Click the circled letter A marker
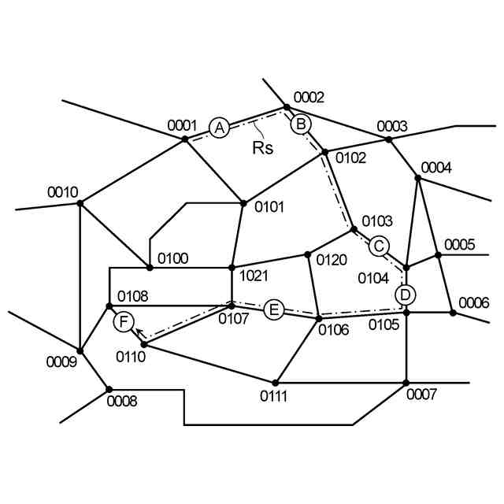tap(219, 127)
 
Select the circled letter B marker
tap(301, 124)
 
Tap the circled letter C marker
tap(379, 246)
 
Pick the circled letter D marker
tap(405, 295)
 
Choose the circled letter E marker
tap(273, 309)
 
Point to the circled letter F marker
tap(124, 321)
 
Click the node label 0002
tap(309, 98)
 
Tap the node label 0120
tap(332, 259)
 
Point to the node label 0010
tap(63, 192)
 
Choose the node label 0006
tap(474, 302)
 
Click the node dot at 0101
tap(243, 202)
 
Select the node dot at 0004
tap(418, 178)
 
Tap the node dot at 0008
tap(109, 389)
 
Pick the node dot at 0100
tap(150, 268)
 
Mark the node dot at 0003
tap(388, 139)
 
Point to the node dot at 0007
tap(406, 383)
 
